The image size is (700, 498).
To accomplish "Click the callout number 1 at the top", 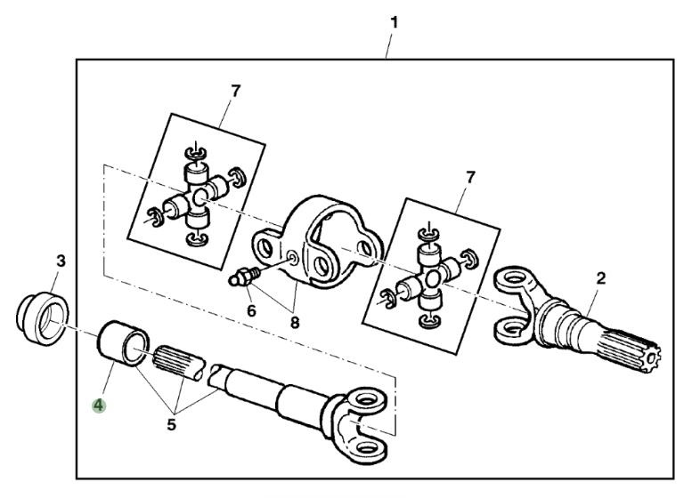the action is pos(394,22).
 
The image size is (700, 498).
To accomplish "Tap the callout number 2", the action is pos(601,278).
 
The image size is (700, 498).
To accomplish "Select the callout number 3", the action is pos(61,261).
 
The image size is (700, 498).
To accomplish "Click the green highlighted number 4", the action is pos(99,406).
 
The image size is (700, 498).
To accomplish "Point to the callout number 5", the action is pos(172,424).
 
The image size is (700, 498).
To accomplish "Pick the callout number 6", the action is pos(252,310).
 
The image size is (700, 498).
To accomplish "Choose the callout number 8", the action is pos(295,322).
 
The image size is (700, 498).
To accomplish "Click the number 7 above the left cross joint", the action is pos(235,92).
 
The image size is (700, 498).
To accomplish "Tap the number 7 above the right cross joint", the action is pos(470,178).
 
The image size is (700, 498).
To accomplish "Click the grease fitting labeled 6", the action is pos(244,277).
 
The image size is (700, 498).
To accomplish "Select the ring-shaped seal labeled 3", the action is pos(43,317).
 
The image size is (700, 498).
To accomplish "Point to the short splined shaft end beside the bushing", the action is pos(180,364).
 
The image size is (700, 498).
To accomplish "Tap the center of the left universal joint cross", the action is pos(199,196).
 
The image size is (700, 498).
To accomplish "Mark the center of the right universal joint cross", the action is pos(432,279).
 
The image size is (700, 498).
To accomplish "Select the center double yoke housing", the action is pos(318,241).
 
